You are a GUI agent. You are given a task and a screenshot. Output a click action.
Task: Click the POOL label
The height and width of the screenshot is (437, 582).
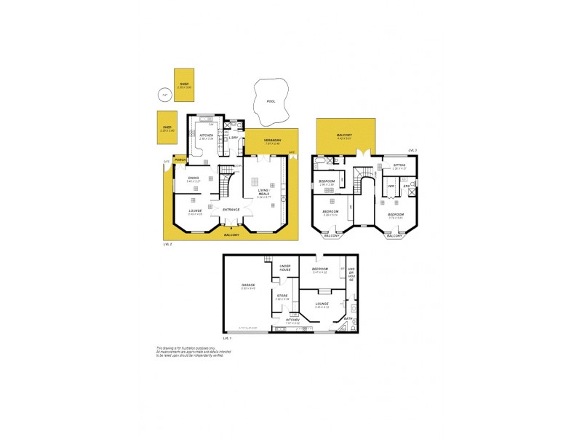pos(271,102)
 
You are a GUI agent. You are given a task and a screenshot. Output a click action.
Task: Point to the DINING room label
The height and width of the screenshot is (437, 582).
pos(194,177)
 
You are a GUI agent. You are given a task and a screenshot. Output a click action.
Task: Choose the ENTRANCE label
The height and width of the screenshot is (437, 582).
pos(231,210)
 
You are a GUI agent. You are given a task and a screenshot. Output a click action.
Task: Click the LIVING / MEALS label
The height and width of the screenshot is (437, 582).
pos(263,192)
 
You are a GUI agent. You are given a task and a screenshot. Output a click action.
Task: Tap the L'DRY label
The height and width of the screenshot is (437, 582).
pos(234,138)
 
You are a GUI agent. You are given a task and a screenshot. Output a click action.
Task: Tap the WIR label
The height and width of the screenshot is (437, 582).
pos(391,186)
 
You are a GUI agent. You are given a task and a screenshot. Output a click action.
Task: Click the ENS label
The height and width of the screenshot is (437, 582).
pos(407,186)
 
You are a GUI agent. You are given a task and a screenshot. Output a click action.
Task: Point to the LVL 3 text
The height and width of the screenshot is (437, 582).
pos(412,149)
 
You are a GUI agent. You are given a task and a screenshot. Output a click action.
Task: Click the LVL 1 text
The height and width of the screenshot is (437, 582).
pos(228,339)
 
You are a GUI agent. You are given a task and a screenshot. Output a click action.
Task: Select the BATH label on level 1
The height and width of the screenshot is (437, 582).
pos(348,318)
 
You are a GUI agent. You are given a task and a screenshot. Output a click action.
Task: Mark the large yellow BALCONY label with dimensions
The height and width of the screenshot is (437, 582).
pos(345,135)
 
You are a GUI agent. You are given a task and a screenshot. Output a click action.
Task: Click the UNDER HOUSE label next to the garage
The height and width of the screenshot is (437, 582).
pos(285,268)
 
